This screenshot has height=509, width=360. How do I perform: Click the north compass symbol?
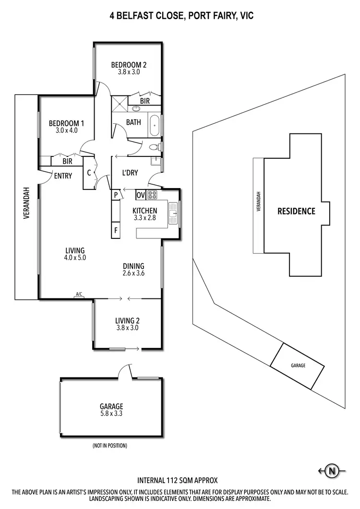(x=331, y=471)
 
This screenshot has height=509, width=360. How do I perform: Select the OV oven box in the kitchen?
(x=140, y=195)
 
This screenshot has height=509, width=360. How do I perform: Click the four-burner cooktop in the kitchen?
(x=152, y=195)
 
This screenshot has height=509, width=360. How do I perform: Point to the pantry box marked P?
(x=116, y=195)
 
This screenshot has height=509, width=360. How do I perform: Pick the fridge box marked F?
(x=116, y=230)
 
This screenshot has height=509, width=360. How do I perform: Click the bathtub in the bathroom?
(x=155, y=125)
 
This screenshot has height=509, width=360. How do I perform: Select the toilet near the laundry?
(x=153, y=147)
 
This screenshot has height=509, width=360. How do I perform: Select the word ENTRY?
(x=63, y=176)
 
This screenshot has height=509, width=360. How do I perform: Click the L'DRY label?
(x=130, y=172)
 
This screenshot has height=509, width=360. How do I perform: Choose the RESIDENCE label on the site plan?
(x=296, y=211)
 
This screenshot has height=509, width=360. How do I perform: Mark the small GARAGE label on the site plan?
(x=298, y=366)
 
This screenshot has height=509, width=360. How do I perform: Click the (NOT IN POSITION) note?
(x=109, y=446)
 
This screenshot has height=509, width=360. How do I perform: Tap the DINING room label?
(x=133, y=266)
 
